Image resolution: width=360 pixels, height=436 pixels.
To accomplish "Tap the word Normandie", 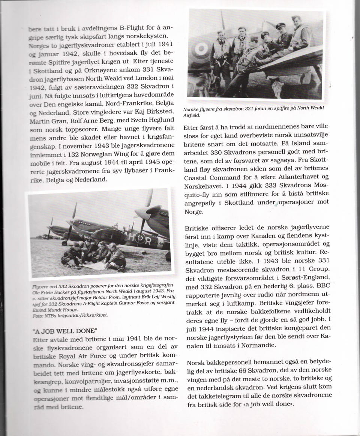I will [252, 345].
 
